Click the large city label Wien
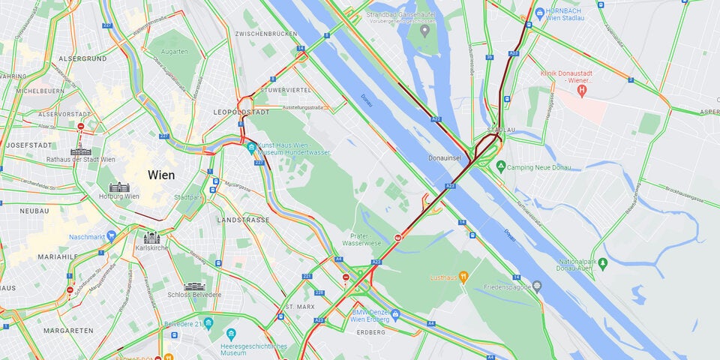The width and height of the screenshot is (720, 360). tap(161, 175)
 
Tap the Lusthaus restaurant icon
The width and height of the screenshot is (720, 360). tap(464, 277)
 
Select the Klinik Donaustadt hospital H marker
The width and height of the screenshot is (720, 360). tap(581, 90)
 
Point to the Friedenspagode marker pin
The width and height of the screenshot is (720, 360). tap(537, 286)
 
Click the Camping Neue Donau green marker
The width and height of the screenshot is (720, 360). tap(500, 166)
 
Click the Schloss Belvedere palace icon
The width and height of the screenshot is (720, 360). tap(194, 286)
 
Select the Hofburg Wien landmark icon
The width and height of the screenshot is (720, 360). tap(119, 187)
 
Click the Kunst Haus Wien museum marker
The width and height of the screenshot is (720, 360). tap(251, 147)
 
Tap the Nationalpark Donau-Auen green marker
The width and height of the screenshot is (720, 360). tap(605, 264)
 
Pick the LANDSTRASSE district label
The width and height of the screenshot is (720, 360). tap(242, 220)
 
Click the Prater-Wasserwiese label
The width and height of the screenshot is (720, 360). tap(361, 238)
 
